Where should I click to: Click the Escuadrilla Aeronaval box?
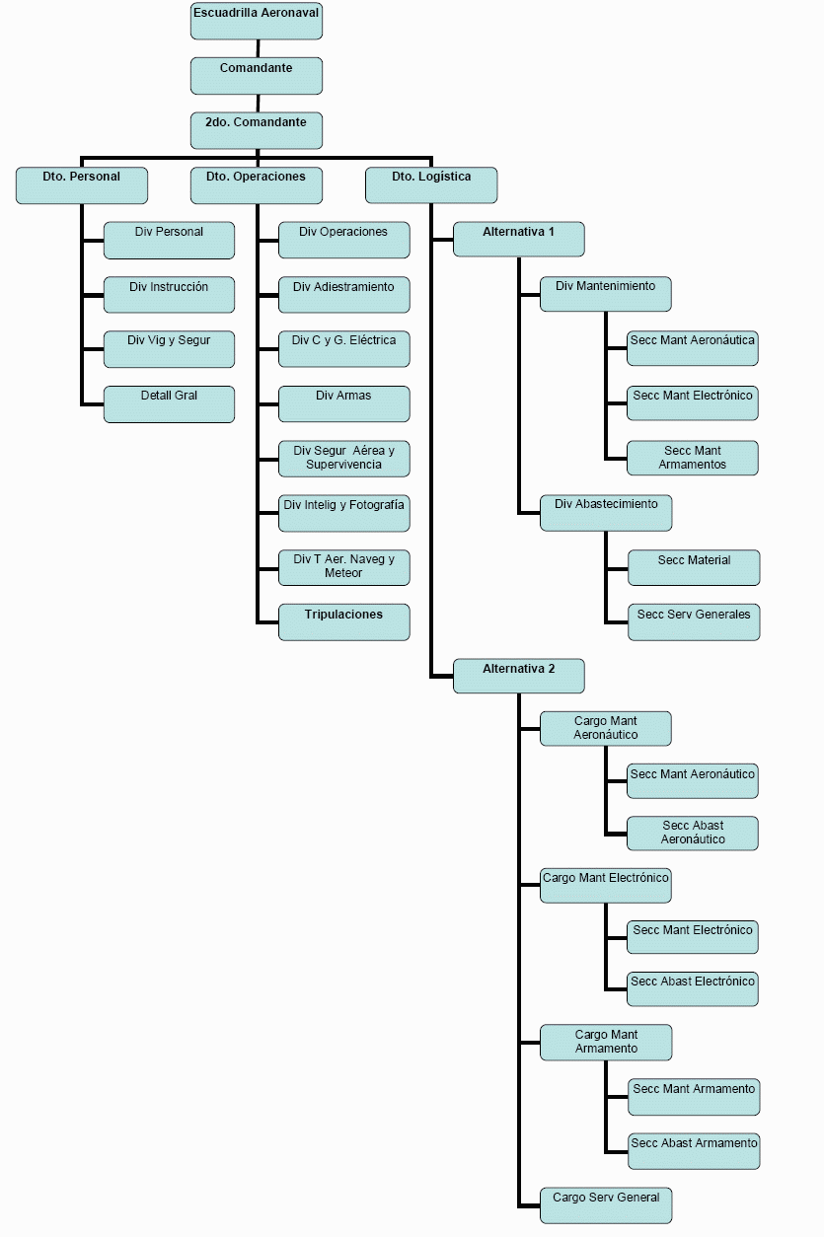click(257, 22)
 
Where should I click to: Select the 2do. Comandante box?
click(257, 130)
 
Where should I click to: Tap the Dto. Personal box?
click(82, 185)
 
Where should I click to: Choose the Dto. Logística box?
click(431, 185)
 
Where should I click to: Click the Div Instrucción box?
click(169, 295)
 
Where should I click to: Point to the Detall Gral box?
click(169, 403)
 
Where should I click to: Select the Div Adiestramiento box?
click(343, 295)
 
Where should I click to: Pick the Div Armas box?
click(343, 403)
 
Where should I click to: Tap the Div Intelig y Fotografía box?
click(343, 513)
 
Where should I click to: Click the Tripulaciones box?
click(343, 622)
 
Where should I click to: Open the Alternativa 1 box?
click(519, 240)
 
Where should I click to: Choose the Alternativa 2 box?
click(519, 676)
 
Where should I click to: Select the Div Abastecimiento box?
click(606, 512)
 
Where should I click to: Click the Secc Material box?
click(694, 567)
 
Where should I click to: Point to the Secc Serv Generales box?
click(694, 622)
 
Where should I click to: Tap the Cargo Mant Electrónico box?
click(606, 885)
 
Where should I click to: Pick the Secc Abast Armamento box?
click(694, 1151)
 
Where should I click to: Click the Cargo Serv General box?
click(606, 1205)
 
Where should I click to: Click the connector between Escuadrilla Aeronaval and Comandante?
click(258, 48)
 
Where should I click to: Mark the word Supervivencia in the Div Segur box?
click(343, 465)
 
